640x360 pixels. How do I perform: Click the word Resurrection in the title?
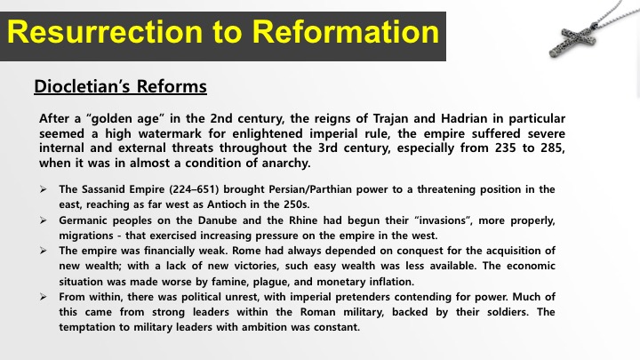(105, 32)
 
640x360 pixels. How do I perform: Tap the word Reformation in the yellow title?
(345, 32)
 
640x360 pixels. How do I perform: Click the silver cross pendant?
(572, 40)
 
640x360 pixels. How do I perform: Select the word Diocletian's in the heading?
(82, 86)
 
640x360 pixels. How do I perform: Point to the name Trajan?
(390, 119)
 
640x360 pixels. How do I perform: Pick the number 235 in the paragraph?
(505, 148)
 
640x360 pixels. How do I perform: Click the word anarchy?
(285, 164)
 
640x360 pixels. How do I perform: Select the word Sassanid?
(103, 189)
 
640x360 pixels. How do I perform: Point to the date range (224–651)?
(194, 189)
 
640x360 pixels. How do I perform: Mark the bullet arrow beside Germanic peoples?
(44, 220)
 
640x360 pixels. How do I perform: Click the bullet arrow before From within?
(44, 297)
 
